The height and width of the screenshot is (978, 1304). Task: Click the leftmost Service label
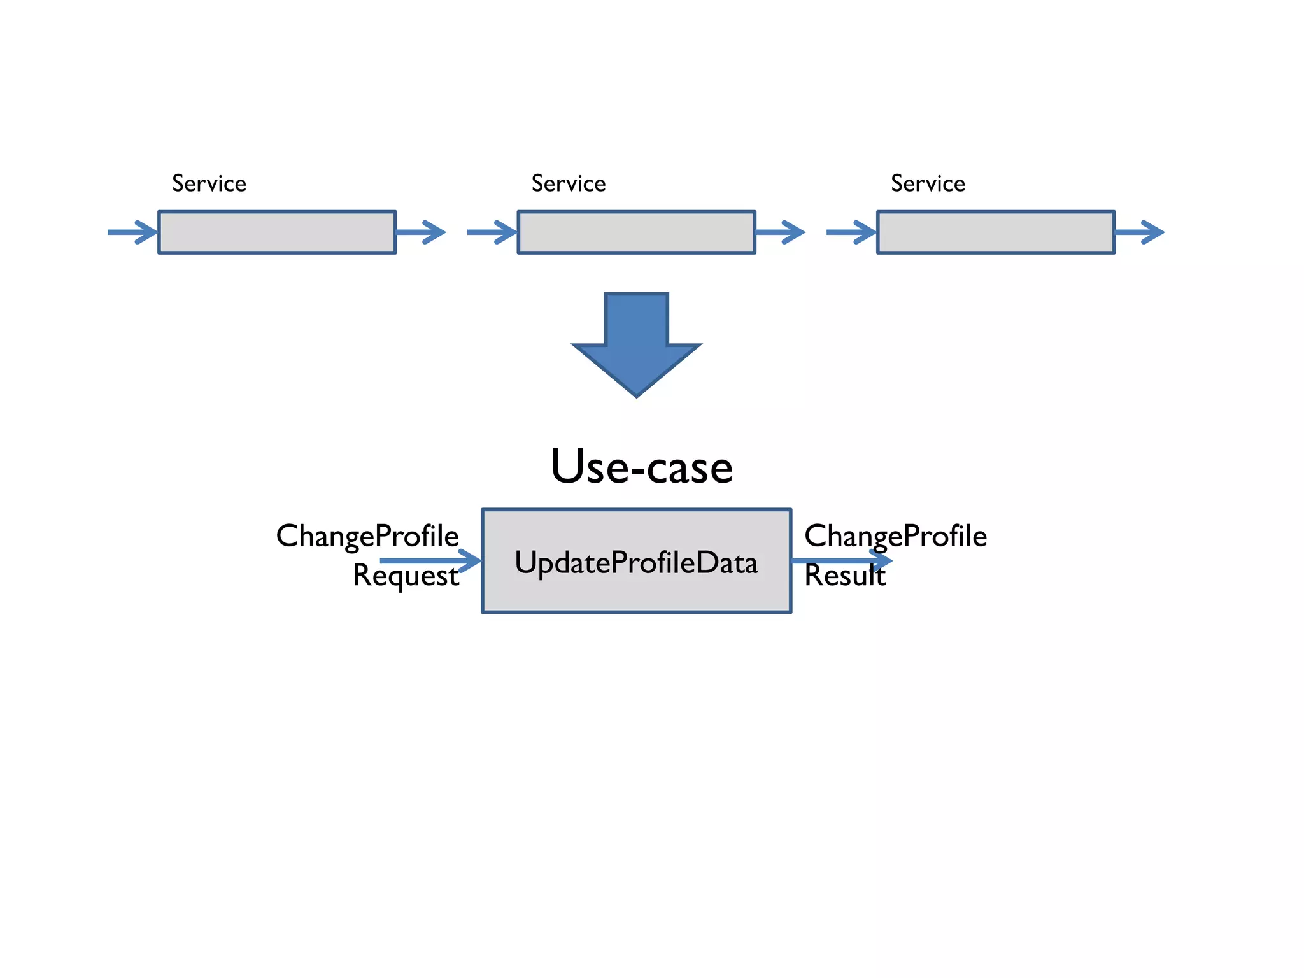pos(209,183)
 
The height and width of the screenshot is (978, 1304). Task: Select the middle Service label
pos(569,183)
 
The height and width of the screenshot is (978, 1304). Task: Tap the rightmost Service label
pos(928,183)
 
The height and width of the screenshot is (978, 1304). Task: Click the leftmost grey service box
pos(277,232)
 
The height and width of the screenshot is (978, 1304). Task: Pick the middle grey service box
pos(636,232)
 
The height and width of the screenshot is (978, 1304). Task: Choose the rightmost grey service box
pos(996,232)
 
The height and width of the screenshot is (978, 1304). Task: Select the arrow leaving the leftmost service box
pos(421,232)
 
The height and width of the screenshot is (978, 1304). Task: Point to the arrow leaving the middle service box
pos(780,232)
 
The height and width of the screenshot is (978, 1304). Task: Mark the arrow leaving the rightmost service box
pos(1140,232)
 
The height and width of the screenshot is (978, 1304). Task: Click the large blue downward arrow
pos(636,344)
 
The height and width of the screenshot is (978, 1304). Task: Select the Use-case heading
pos(642,467)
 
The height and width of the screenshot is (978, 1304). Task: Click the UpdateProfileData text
pos(636,563)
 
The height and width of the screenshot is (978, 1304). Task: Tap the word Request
pos(406,576)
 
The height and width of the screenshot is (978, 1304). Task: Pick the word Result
pos(844,576)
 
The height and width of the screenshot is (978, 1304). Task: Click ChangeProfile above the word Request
pos(367,536)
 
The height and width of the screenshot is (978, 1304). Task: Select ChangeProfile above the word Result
pos(895,536)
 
